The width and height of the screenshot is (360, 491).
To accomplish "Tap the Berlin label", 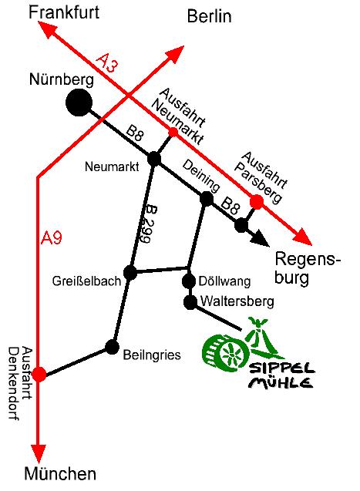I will click(x=210, y=17).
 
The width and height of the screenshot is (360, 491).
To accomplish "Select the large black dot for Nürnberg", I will click(x=78, y=102).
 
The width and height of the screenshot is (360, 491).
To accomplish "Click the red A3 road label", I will click(x=108, y=63).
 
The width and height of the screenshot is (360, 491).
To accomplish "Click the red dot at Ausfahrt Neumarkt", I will click(x=173, y=132).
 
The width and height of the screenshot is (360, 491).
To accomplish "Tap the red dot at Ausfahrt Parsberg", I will click(x=256, y=202).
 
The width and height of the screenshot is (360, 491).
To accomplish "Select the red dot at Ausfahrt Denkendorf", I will click(x=39, y=375).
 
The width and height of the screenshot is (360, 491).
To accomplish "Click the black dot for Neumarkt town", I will click(x=154, y=159).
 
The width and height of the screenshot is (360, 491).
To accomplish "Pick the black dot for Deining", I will click(x=207, y=199).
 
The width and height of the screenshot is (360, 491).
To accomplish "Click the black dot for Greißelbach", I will click(x=130, y=272).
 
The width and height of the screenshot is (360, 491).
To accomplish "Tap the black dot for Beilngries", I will click(x=113, y=346).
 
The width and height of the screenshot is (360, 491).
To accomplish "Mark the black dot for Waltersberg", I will click(x=190, y=301).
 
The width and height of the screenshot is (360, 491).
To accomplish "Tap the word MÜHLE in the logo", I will click(x=281, y=382).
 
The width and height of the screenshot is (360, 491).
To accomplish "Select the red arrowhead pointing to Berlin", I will click(x=176, y=53).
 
